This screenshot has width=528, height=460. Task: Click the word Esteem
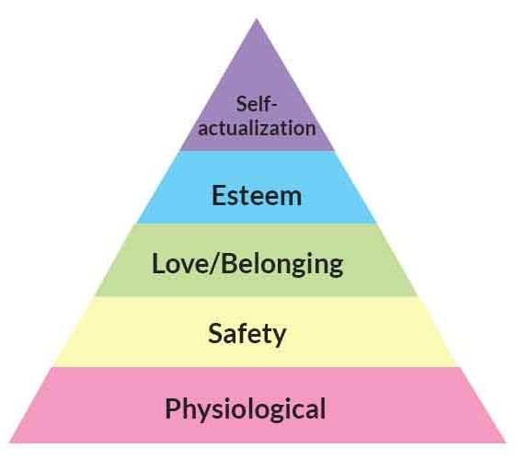257,195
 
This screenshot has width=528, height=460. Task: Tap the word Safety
247,334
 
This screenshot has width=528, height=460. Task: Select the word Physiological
246,408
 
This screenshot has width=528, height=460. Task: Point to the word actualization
257,128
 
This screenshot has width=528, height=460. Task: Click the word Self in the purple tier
253,104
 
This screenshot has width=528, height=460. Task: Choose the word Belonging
282,265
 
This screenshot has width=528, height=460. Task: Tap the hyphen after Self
273,106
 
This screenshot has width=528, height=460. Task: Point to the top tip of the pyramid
257,18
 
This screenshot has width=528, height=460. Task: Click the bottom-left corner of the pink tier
10,443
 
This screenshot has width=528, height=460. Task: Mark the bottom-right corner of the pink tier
505,443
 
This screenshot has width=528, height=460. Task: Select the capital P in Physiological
172,408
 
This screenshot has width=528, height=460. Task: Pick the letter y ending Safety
279,337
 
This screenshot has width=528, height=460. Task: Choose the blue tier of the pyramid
257,187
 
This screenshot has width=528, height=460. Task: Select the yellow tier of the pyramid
256,331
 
